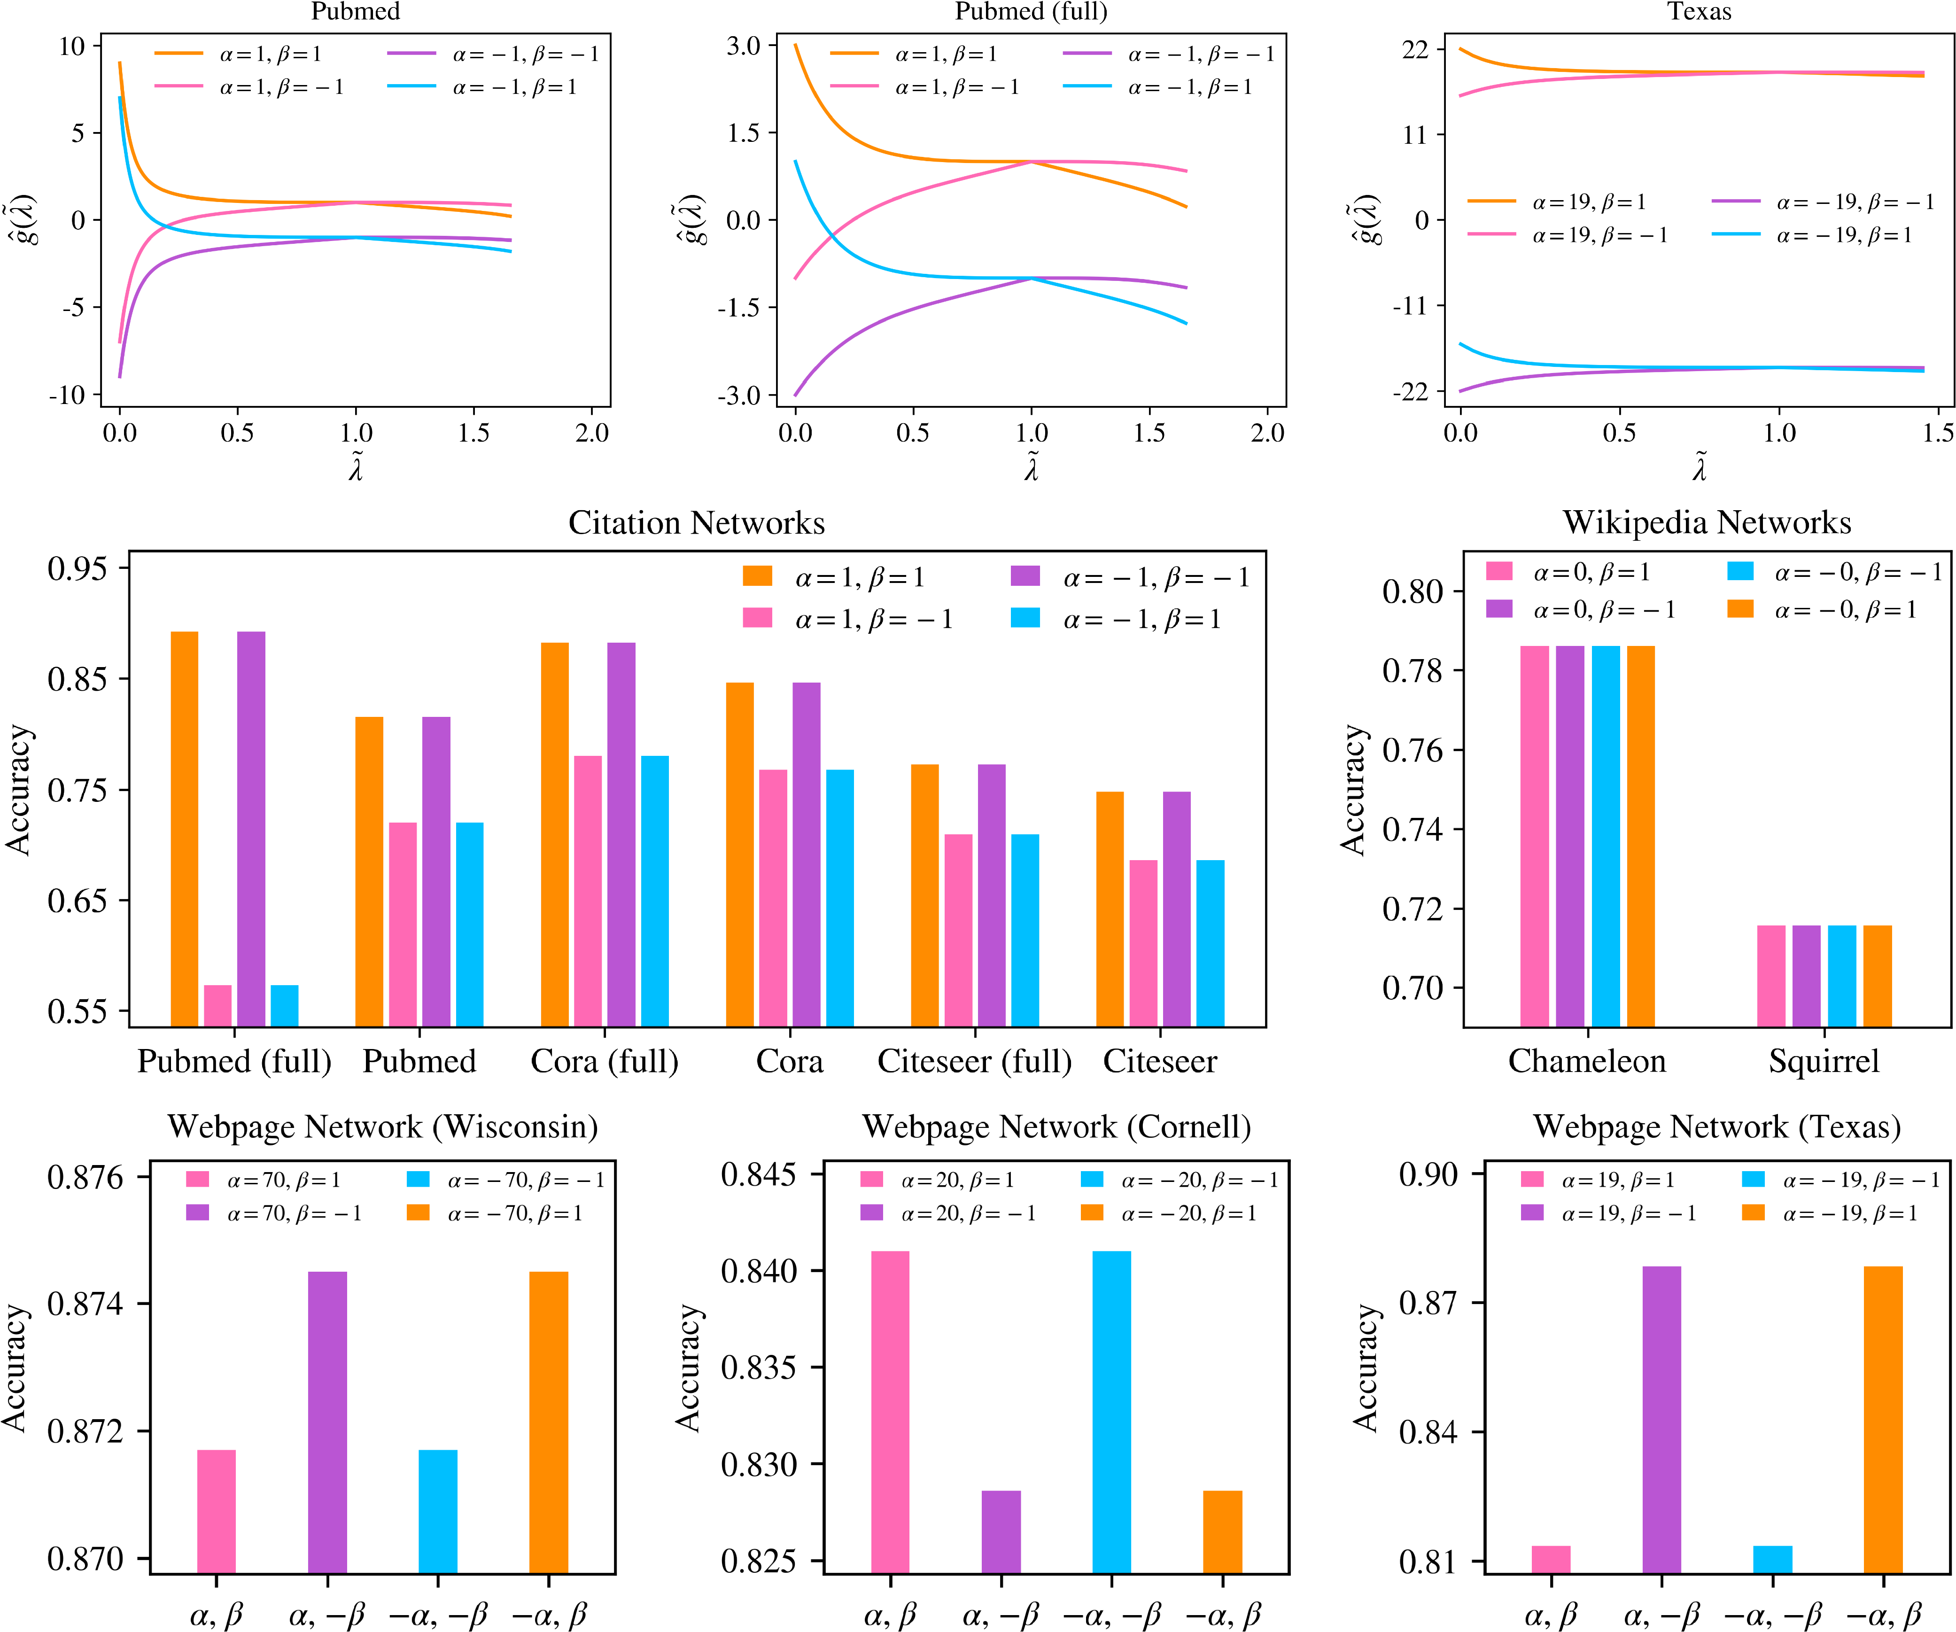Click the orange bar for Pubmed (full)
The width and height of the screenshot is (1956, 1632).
click(x=185, y=829)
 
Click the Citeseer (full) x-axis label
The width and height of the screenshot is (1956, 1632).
click(x=974, y=1061)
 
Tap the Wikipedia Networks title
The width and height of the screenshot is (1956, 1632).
click(x=1707, y=522)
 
